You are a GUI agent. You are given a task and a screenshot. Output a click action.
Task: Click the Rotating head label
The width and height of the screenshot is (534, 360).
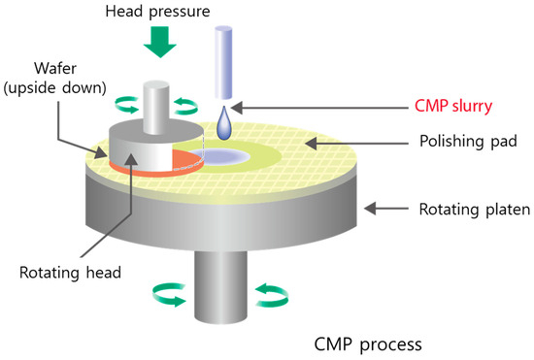pos(76,273)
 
